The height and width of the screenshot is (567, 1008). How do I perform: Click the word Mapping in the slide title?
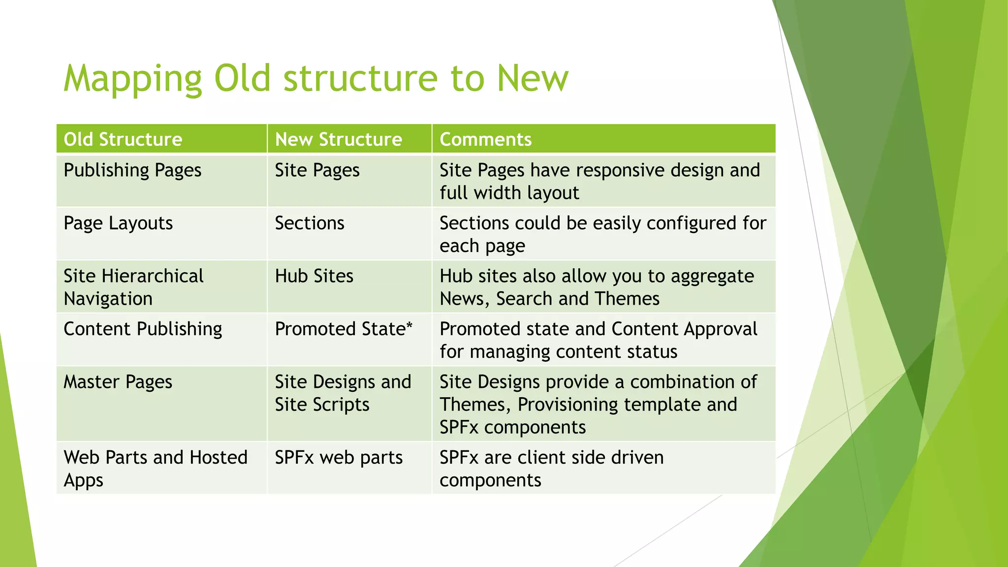pyautogui.click(x=132, y=79)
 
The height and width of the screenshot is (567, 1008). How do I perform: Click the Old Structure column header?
pyautogui.click(x=123, y=139)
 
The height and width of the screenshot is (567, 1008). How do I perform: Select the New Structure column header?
pyautogui.click(x=338, y=139)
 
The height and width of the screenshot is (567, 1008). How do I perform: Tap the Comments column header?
pyautogui.click(x=485, y=139)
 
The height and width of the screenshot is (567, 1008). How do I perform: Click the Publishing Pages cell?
pyautogui.click(x=132, y=170)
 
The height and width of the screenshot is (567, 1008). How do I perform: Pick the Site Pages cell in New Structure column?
pyautogui.click(x=317, y=170)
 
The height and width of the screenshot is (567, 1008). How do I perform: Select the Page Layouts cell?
pyautogui.click(x=118, y=223)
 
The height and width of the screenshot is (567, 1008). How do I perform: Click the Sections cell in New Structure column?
pyautogui.click(x=310, y=223)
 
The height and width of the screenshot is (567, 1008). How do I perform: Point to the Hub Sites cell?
pyautogui.click(x=314, y=276)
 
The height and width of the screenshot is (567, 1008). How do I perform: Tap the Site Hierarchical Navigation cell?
pyautogui.click(x=133, y=287)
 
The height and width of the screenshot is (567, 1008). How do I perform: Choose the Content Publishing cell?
pyautogui.click(x=143, y=329)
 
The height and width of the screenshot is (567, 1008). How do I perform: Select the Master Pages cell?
pyautogui.click(x=118, y=382)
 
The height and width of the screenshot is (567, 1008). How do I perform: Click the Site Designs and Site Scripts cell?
pyautogui.click(x=343, y=393)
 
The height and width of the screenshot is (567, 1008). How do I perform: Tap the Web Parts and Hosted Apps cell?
pyautogui.click(x=155, y=468)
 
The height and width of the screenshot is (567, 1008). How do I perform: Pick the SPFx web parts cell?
pyautogui.click(x=339, y=458)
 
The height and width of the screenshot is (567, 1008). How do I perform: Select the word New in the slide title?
pyautogui.click(x=533, y=79)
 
